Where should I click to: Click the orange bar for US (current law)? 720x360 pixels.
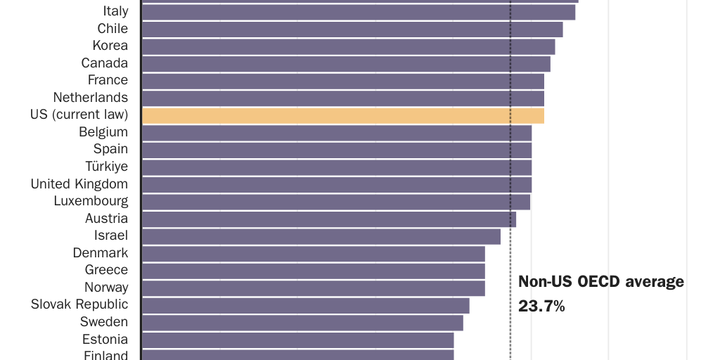[x=343, y=115]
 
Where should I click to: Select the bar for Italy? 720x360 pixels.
[x=359, y=12]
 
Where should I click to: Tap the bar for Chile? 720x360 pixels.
[x=352, y=29]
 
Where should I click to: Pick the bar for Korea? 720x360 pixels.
[x=349, y=46]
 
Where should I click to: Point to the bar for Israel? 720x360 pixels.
[x=321, y=236]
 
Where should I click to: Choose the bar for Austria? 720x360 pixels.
[x=329, y=219]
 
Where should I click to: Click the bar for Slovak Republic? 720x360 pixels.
[x=306, y=305]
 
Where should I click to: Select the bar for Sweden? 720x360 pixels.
[x=303, y=322]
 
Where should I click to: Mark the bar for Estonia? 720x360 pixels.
[x=298, y=340]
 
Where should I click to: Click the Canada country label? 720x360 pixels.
[x=105, y=63]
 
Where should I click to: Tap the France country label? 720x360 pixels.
[x=108, y=80]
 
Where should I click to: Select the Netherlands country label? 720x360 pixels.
[x=91, y=98]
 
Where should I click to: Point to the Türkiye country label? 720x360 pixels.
[x=107, y=167]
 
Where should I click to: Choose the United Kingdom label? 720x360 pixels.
[x=79, y=184]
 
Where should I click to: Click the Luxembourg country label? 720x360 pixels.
[x=91, y=201]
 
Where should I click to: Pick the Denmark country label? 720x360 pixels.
[x=101, y=253]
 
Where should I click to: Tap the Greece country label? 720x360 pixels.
[x=106, y=270]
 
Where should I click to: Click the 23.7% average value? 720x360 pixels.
[x=541, y=306]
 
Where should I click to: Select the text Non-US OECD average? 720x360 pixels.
[x=601, y=282]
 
